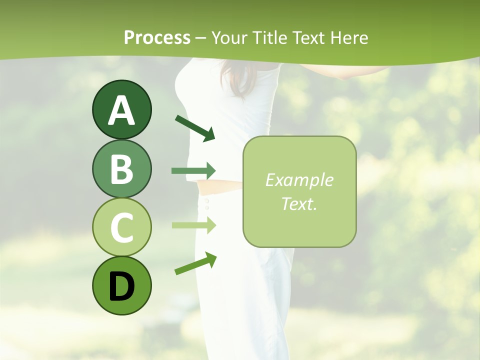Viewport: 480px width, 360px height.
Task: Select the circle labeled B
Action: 121,169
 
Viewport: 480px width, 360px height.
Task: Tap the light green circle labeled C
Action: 121,227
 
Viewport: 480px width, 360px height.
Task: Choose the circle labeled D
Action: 121,285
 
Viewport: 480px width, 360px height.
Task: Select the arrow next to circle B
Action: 193,171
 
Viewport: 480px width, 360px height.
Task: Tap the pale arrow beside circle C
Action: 193,225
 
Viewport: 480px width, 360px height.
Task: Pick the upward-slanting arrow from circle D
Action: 195,263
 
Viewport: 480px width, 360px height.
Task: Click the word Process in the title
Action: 157,38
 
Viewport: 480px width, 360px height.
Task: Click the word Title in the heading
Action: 270,38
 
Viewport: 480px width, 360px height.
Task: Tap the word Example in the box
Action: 299,180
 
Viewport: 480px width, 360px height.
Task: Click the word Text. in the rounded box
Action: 299,203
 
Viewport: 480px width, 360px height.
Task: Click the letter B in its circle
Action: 121,169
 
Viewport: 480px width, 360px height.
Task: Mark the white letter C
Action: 121,227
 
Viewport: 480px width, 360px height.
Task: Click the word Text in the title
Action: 311,38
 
